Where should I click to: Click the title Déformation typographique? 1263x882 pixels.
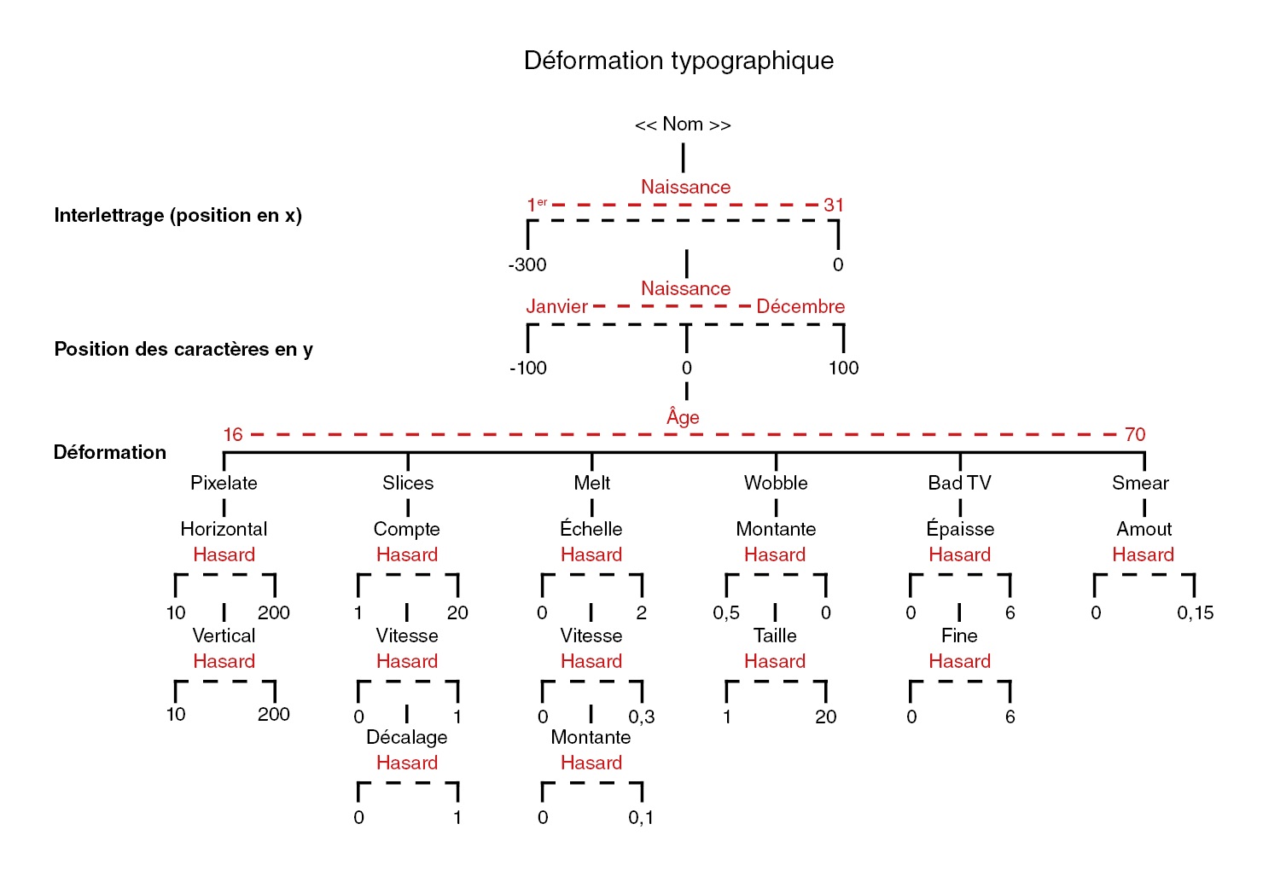[x=678, y=61]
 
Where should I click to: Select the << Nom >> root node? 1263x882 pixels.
[x=683, y=125]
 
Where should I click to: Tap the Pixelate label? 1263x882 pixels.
[x=224, y=483]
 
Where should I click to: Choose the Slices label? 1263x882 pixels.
[x=408, y=483]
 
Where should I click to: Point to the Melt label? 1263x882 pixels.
[x=591, y=483]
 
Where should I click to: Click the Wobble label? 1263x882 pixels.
[x=776, y=483]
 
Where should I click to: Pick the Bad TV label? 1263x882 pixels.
[x=959, y=483]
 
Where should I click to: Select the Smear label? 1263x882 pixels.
[x=1140, y=483]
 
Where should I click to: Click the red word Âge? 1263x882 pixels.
[x=683, y=416]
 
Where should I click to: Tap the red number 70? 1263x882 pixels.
[x=1135, y=434]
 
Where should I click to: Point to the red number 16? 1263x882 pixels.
[x=233, y=434]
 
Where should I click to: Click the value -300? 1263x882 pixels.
[x=527, y=264]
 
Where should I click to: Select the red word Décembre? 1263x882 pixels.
[x=800, y=306]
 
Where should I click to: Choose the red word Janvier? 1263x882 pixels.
[x=556, y=306]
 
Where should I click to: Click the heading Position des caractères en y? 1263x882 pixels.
[x=183, y=349]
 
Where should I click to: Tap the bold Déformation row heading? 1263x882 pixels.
[x=110, y=452]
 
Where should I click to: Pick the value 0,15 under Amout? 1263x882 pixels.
[x=1195, y=612]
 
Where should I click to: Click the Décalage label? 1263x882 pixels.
[x=406, y=737]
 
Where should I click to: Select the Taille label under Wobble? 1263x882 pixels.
[x=775, y=635]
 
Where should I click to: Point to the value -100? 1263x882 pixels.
[x=528, y=368]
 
